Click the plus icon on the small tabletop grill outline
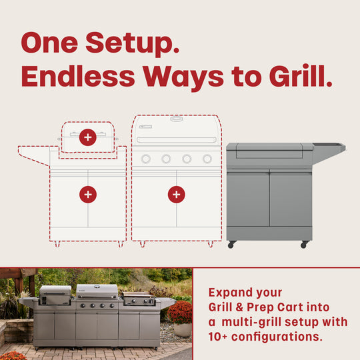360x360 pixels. (87, 137)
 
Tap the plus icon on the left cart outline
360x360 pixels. (87, 194)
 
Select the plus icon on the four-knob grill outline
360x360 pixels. (176, 194)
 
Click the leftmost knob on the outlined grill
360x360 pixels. (145, 159)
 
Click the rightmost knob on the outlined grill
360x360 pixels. (207, 159)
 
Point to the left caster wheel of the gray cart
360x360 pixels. (231, 245)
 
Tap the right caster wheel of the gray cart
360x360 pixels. (304, 245)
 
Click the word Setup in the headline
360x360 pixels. (135, 43)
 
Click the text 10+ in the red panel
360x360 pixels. (223, 337)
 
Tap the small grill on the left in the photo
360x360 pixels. (55, 294)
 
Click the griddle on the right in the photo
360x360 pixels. (139, 299)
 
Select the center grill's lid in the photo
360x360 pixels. (97, 292)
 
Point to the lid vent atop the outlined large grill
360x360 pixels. (176, 119)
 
